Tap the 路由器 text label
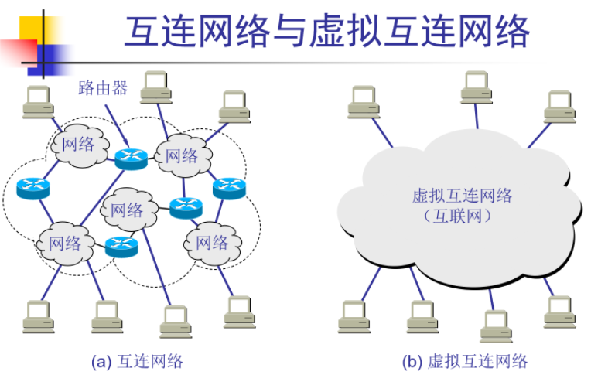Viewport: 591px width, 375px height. pyautogui.click(x=103, y=87)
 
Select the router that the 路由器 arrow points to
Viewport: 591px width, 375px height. pyautogui.click(x=131, y=158)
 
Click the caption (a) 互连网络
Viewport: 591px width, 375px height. pyautogui.click(x=137, y=361)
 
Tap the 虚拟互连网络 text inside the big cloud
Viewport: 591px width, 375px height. pyautogui.click(x=462, y=196)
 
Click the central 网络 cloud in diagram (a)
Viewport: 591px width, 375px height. pyautogui.click(x=127, y=210)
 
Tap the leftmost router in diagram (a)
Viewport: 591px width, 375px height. pyautogui.click(x=32, y=186)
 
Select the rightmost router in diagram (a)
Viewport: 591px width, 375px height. pyautogui.click(x=228, y=186)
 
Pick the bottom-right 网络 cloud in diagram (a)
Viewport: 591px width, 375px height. pyautogui.click(x=211, y=242)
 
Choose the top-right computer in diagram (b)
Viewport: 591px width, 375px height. pyautogui.click(x=559, y=107)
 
